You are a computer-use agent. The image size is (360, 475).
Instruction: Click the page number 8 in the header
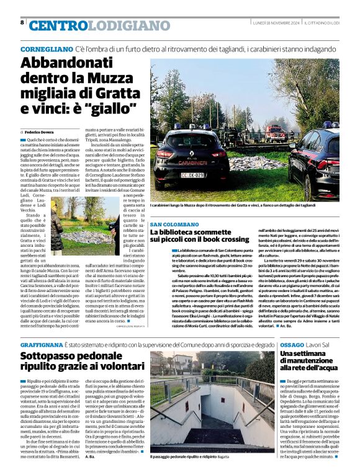coord(22,22)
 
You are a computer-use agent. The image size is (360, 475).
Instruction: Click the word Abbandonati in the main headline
coord(66,64)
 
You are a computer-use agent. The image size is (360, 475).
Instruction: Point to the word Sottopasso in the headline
coord(52,356)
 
